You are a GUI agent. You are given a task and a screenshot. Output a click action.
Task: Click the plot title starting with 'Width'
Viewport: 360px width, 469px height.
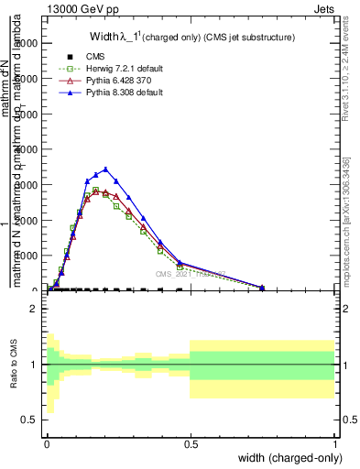point(197,38)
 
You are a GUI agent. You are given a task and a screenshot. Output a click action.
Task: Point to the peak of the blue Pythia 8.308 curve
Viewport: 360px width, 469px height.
point(106,169)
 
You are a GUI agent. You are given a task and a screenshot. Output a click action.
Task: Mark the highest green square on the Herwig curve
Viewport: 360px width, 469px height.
point(95,190)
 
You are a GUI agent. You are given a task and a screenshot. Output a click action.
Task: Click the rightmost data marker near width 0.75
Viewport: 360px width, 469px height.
point(262,288)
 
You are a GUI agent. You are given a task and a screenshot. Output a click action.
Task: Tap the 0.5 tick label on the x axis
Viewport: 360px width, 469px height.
point(191,443)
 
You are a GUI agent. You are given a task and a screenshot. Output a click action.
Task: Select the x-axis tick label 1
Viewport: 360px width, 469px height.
point(335,443)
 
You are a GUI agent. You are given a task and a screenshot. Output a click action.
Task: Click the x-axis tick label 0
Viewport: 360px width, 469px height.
point(47,443)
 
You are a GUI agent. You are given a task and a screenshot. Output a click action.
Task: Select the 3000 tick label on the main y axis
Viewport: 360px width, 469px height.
point(27,184)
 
